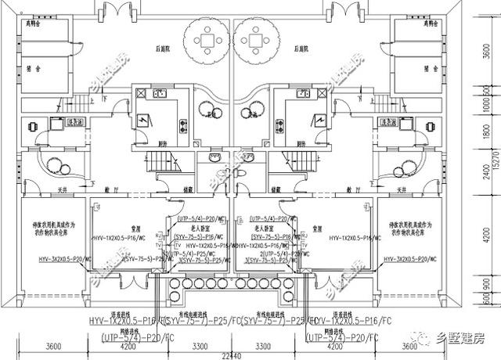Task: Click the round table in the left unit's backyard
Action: [x=207, y=40]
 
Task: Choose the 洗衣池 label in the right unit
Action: [x=386, y=123]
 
